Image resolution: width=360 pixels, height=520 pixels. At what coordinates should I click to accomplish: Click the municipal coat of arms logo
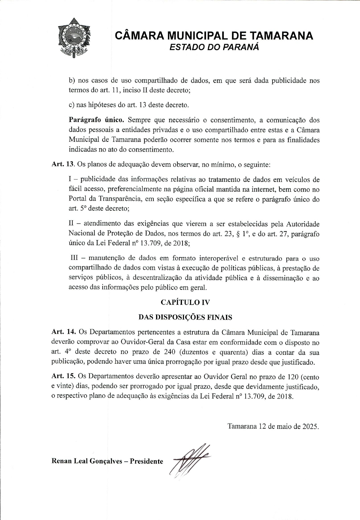point(74,38)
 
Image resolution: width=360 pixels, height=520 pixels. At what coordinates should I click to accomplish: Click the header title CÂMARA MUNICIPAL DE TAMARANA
point(214,36)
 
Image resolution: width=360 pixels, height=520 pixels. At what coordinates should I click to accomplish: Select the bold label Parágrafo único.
point(96,120)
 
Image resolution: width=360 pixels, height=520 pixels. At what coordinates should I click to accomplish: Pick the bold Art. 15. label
point(64,376)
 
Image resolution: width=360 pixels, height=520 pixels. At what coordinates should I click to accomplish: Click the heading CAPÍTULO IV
point(185,302)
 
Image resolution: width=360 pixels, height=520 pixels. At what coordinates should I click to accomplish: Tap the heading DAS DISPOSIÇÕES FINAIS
point(185,317)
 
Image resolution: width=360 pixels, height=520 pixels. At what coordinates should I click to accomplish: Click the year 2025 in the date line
point(310,426)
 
